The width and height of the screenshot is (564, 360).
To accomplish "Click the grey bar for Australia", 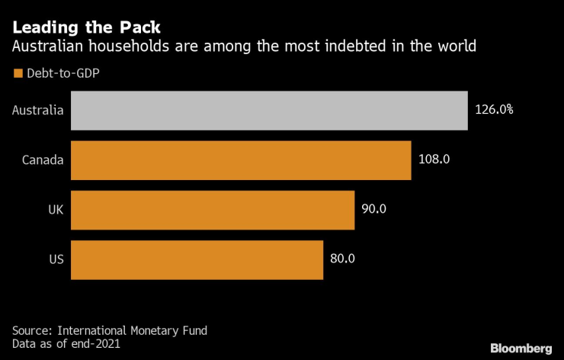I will pos(268,110).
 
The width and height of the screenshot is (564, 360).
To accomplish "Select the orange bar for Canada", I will pos(241,160).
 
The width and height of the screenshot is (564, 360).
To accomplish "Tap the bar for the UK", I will pos(213,210).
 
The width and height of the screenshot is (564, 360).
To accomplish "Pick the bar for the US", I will pos(197,259).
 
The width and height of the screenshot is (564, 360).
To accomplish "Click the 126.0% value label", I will pos(494,110).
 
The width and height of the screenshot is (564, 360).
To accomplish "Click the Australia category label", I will pos(37,110).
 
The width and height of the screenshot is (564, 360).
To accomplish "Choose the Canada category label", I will pos(43,160).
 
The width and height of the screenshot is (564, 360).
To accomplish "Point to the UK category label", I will pos(55,210).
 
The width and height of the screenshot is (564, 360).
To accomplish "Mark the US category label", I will pos(56,259).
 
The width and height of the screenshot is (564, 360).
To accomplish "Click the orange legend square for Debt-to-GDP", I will pos(18,75).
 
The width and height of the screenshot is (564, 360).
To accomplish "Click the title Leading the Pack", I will pos(86,28).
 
